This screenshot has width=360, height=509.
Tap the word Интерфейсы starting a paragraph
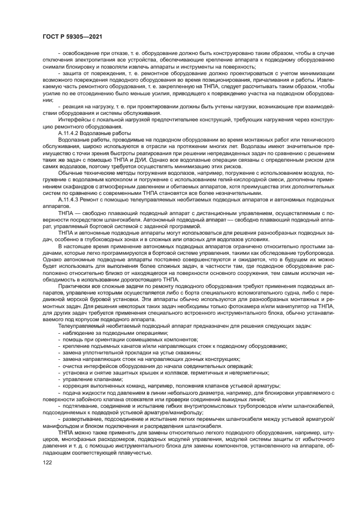74,121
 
